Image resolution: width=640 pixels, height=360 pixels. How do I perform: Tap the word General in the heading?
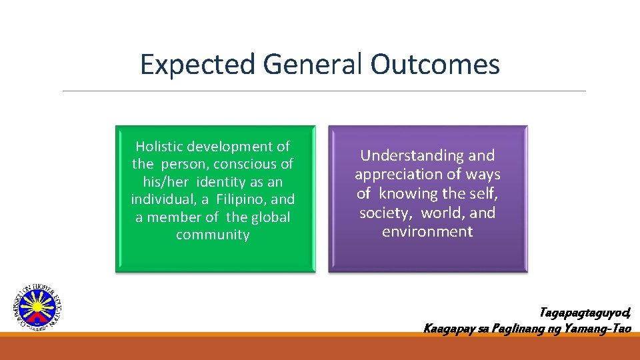click(x=313, y=65)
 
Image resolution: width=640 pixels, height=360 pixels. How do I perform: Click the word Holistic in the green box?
click(x=159, y=147)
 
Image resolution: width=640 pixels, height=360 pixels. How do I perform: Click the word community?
click(x=213, y=235)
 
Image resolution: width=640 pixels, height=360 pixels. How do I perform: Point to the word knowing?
click(x=405, y=194)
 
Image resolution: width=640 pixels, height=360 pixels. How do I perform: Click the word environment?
click(x=427, y=232)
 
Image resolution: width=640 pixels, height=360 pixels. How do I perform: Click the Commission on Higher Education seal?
click(x=37, y=307)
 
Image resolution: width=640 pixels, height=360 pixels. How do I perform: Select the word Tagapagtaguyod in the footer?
click(x=584, y=313)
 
